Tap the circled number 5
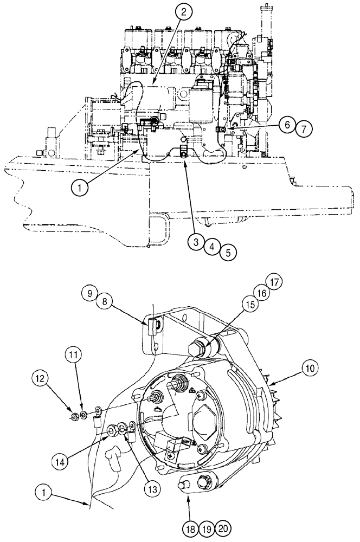(228, 251)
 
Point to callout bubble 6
(287, 124)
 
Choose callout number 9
(91, 294)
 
